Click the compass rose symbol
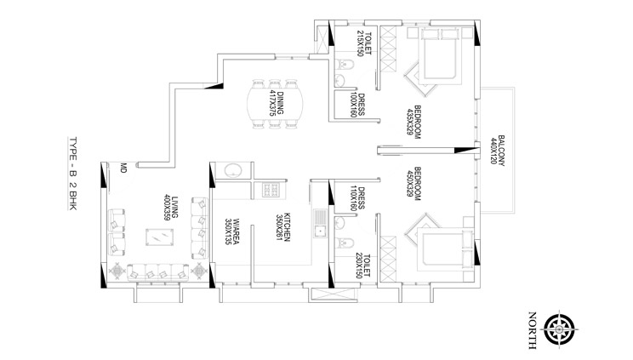(559, 329)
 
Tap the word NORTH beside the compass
(532, 330)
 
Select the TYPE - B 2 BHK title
(72, 174)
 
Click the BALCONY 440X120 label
(498, 151)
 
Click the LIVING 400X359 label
(171, 208)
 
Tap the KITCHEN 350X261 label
(282, 226)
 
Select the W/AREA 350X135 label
(232, 232)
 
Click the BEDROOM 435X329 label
(413, 122)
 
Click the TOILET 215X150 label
(364, 43)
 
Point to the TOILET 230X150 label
(362, 266)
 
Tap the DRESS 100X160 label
(357, 105)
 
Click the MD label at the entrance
(123, 168)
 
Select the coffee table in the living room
(159, 237)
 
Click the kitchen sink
(320, 223)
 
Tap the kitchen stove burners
(271, 190)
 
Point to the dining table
(275, 104)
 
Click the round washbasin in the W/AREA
(233, 170)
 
